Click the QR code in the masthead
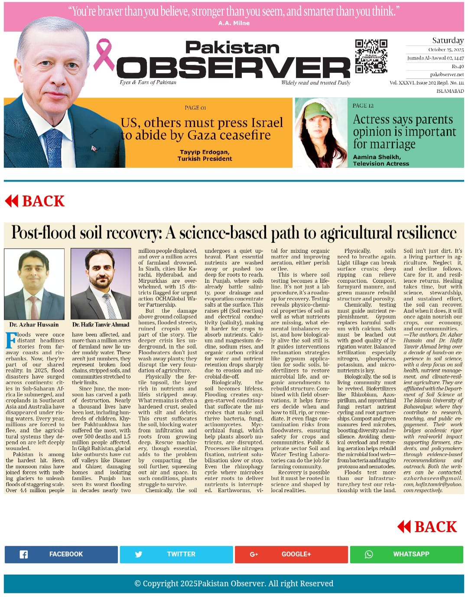click(x=371, y=56)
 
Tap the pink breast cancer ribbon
click(x=103, y=55)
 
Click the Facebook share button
click(x=61, y=554)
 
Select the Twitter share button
click(x=177, y=554)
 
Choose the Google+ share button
click(x=292, y=554)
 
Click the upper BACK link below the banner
click(x=35, y=201)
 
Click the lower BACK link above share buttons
click(x=427, y=527)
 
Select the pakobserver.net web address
click(x=447, y=75)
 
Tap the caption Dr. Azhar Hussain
click(x=34, y=324)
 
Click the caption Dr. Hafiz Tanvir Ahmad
click(x=101, y=324)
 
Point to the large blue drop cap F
click(x=11, y=340)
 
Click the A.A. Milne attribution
click(x=234, y=23)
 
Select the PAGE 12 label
click(x=363, y=105)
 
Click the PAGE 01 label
click(x=195, y=108)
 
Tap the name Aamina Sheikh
click(x=377, y=157)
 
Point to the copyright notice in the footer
click(x=234, y=583)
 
